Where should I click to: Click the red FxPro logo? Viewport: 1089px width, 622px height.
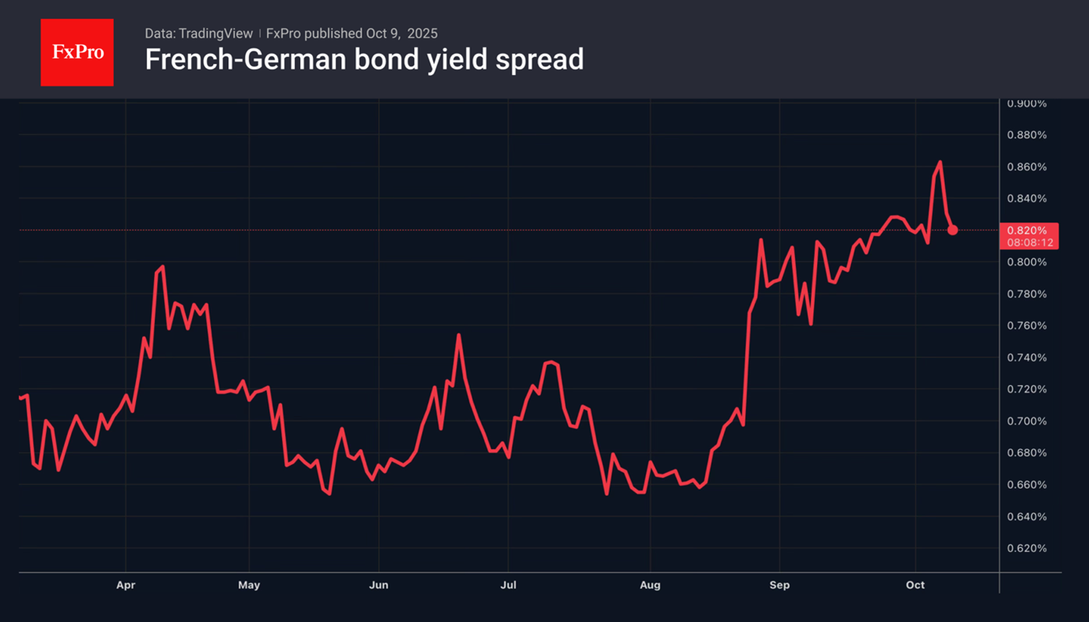(x=77, y=53)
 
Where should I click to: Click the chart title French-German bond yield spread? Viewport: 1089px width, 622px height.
(x=364, y=59)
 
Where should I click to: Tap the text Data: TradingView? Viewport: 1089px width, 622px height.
(x=198, y=33)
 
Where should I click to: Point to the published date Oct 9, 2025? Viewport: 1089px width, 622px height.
(x=401, y=33)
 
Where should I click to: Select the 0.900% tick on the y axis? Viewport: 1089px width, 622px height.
(x=1027, y=103)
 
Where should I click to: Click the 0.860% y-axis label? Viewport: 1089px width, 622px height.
(x=1027, y=167)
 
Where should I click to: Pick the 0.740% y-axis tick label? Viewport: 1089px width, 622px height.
(x=1027, y=358)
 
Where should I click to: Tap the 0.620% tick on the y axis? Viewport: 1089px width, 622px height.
(x=1027, y=548)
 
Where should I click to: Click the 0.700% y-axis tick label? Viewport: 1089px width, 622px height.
(x=1027, y=421)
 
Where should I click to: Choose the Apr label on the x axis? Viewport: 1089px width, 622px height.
(x=126, y=585)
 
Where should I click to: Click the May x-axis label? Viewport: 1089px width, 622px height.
(x=249, y=585)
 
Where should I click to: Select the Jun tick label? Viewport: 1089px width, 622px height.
(x=379, y=585)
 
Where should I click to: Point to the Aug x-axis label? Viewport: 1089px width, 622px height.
(x=650, y=585)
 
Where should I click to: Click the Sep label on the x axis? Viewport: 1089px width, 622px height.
(x=779, y=585)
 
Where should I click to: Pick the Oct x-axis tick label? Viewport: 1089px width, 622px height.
(x=915, y=585)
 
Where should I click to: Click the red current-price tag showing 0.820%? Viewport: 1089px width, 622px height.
(x=1028, y=236)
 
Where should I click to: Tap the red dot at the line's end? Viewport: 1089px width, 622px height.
(x=952, y=230)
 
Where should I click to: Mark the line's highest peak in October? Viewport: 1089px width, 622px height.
(x=940, y=162)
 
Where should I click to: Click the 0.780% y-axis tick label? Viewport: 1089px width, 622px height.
(x=1027, y=294)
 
